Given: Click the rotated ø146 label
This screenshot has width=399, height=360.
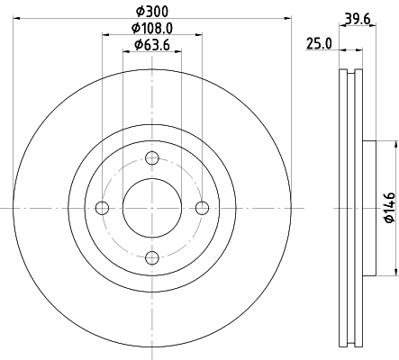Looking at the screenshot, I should click(x=389, y=207).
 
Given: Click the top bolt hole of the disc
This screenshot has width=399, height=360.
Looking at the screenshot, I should click(x=151, y=158).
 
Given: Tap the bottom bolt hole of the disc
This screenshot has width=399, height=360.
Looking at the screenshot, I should click(x=151, y=258).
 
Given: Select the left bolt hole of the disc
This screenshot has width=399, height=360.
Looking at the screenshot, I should click(x=102, y=209).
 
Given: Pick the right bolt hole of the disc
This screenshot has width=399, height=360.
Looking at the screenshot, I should click(x=202, y=209).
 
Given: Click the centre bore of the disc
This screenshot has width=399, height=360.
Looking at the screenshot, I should click(x=151, y=209).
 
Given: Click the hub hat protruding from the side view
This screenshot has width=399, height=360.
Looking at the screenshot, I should click(x=368, y=209).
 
